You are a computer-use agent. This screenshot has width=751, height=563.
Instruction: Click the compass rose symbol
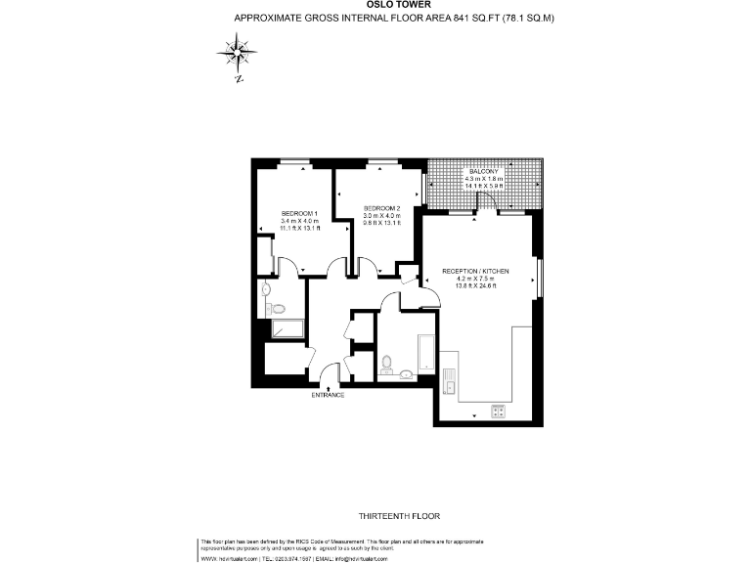(239, 51)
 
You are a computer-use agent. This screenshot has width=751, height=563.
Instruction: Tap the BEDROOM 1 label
(300, 213)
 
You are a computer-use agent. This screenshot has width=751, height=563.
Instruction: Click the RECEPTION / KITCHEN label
(475, 271)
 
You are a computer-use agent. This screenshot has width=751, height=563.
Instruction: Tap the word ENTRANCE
(328, 395)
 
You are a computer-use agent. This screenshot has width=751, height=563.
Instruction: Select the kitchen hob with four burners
(495, 411)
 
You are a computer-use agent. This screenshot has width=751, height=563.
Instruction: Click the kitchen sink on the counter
(451, 381)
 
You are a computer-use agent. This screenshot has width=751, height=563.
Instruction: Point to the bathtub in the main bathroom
(427, 354)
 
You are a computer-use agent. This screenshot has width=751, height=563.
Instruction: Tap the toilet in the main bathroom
(388, 366)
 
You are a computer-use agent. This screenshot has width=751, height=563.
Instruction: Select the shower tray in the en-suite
(287, 329)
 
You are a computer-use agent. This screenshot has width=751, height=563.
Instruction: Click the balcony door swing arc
(485, 201)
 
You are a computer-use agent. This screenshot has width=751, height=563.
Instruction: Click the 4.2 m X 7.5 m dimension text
(475, 279)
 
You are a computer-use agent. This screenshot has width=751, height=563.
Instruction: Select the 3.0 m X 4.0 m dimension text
(382, 216)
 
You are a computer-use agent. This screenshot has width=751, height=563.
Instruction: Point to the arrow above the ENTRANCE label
(328, 387)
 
